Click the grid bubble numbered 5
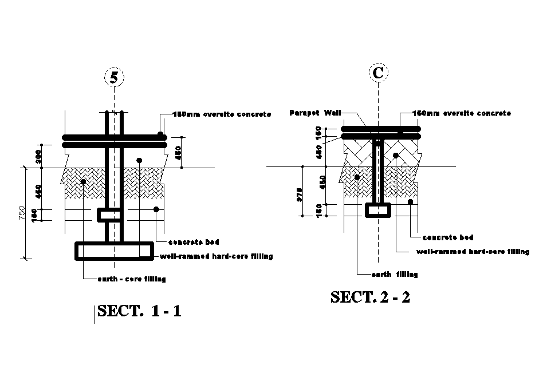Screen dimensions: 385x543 pyautogui.click(x=114, y=77)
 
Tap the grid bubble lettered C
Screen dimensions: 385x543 pyautogui.click(x=377, y=73)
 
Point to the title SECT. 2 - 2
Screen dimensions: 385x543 pyautogui.click(x=371, y=297)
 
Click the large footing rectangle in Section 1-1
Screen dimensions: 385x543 pyautogui.click(x=115, y=251)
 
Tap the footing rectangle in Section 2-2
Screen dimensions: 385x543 pyautogui.click(x=377, y=210)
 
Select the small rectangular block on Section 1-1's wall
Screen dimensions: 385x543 pyautogui.click(x=109, y=215)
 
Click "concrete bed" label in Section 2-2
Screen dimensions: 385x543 pyautogui.click(x=447, y=237)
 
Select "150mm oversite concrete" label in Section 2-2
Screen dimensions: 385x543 pyautogui.click(x=461, y=113)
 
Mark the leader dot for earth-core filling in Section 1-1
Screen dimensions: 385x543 pyautogui.click(x=84, y=182)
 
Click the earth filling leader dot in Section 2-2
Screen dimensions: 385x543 pyautogui.click(x=357, y=177)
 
